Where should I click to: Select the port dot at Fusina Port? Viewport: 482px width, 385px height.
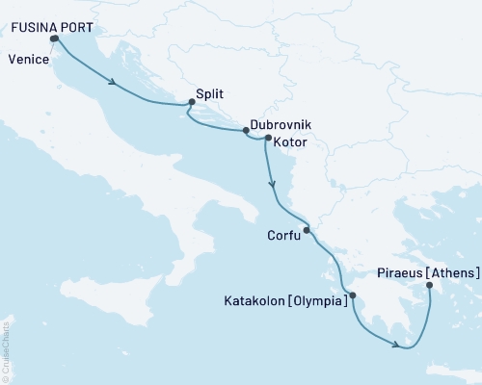52,39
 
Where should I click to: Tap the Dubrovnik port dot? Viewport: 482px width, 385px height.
246,131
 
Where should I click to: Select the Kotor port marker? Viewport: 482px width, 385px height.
268,138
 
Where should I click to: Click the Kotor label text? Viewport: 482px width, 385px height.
290,141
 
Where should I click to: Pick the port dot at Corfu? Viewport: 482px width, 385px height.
307,230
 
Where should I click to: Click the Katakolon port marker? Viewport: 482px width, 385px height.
353,295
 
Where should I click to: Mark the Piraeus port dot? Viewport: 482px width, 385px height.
429,285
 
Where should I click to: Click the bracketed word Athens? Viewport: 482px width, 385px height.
453,273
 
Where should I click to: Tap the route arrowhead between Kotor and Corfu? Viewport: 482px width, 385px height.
274,183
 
